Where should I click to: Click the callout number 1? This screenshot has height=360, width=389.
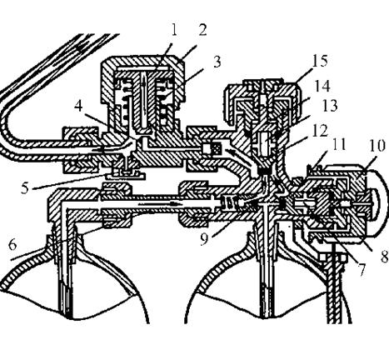pyautogui.click(x=174, y=31)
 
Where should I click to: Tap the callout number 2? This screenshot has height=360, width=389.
pyautogui.click(x=202, y=30)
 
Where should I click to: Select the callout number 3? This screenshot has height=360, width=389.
pyautogui.click(x=217, y=62)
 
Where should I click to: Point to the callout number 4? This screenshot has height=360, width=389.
pyautogui.click(x=79, y=106)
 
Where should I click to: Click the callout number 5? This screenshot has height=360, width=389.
pyautogui.click(x=25, y=187)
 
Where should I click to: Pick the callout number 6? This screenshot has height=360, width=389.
pyautogui.click(x=12, y=245)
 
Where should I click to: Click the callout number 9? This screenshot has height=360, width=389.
pyautogui.click(x=204, y=239)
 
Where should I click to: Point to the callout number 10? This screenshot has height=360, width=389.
pyautogui.click(x=377, y=147)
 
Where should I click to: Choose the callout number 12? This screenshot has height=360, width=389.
pyautogui.click(x=319, y=131)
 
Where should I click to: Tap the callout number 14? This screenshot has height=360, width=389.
pyautogui.click(x=322, y=86)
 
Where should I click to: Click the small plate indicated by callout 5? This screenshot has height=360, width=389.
pyautogui.click(x=126, y=175)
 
